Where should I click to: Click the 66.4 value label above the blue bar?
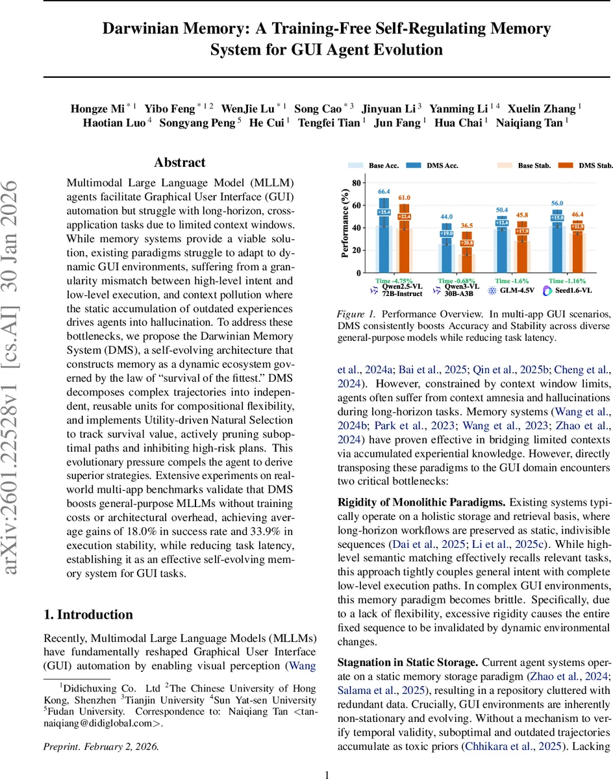click(384, 192)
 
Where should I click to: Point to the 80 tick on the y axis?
click(355, 183)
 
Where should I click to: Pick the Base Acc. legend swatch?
click(355, 166)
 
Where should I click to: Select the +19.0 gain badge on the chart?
click(447, 233)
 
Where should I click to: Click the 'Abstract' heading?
click(179, 163)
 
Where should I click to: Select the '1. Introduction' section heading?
click(88, 614)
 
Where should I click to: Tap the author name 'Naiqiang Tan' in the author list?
click(529, 123)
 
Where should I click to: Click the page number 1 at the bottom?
click(327, 774)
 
